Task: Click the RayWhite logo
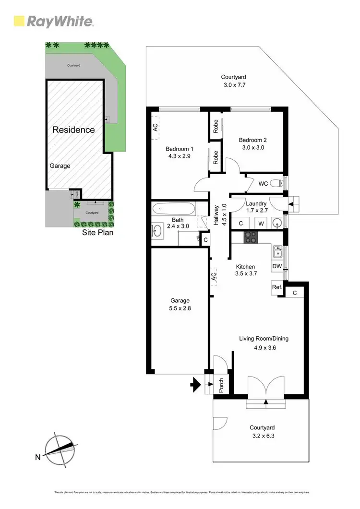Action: pyautogui.click(x=53, y=21)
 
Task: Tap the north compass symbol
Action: pyautogui.click(x=60, y=450)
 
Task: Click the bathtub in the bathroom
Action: pyautogui.click(x=174, y=209)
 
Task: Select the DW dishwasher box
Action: pyautogui.click(x=276, y=265)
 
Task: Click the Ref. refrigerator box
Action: pyautogui.click(x=276, y=287)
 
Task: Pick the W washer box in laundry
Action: pyautogui.click(x=261, y=223)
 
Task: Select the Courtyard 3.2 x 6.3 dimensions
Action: pyautogui.click(x=262, y=436)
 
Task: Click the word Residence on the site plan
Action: pyautogui.click(x=73, y=130)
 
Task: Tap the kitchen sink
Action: pyautogui.click(x=277, y=251)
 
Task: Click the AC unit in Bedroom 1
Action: pyautogui.click(x=155, y=128)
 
